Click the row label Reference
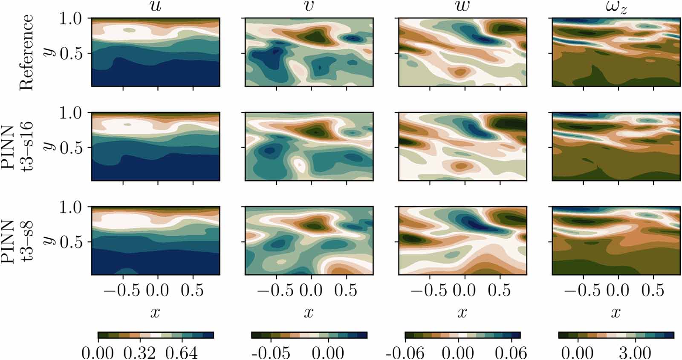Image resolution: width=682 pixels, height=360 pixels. pos(26,52)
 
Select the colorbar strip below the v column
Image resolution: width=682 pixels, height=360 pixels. pos(309,335)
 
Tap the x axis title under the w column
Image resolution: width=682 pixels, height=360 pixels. pos(462,313)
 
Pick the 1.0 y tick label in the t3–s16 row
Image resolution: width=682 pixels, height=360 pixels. pos(73,113)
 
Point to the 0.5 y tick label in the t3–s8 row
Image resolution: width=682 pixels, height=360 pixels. pos(73,242)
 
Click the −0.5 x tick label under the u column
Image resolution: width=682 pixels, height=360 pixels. pos(123,291)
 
